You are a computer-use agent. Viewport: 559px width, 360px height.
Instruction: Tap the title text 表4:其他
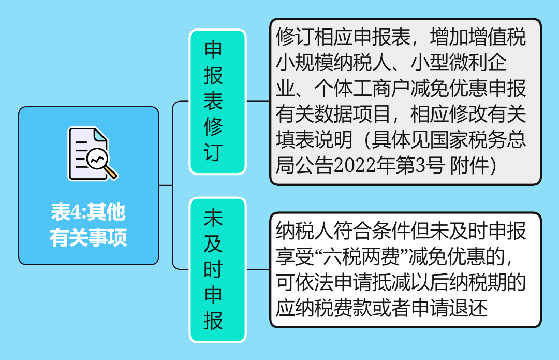[x=89, y=212]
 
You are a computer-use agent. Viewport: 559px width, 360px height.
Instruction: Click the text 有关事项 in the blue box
[x=89, y=238]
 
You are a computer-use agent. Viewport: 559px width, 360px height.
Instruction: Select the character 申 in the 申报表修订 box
[x=214, y=50]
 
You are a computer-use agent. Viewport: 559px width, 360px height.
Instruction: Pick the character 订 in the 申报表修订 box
[x=214, y=152]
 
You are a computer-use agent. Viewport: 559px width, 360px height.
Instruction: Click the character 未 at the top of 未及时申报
[x=214, y=218]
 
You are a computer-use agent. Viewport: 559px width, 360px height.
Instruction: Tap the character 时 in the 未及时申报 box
[x=214, y=269]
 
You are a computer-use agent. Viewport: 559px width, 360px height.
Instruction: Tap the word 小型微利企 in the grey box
[x=459, y=63]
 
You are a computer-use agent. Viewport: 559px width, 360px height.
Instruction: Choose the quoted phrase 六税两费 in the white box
[x=364, y=257]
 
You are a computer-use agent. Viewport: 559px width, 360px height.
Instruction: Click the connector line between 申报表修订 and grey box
[x=258, y=102]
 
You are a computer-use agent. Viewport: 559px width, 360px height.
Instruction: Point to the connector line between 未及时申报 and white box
[x=258, y=269]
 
